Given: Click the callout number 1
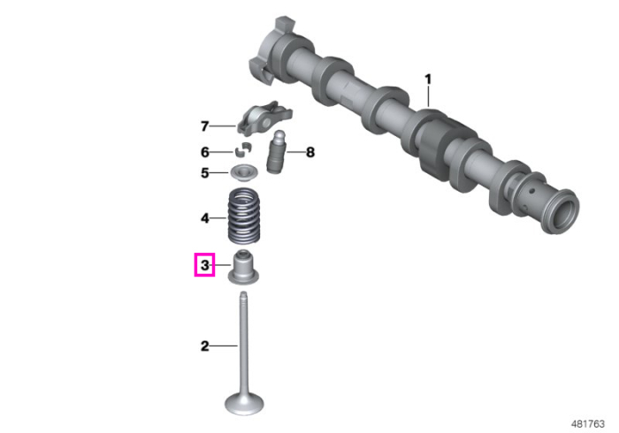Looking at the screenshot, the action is point(428,80).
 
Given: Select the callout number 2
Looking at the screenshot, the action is point(204,346).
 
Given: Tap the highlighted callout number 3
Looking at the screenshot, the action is point(204,264).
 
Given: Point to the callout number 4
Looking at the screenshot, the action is point(204,218).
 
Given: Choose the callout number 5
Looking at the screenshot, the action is point(204,172).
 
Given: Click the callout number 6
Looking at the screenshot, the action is point(204,152).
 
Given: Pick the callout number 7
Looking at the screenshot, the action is point(204,126).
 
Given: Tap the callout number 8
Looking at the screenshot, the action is point(310,152).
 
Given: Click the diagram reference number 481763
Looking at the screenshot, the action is point(587,424).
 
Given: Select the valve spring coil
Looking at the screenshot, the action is point(244,216).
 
